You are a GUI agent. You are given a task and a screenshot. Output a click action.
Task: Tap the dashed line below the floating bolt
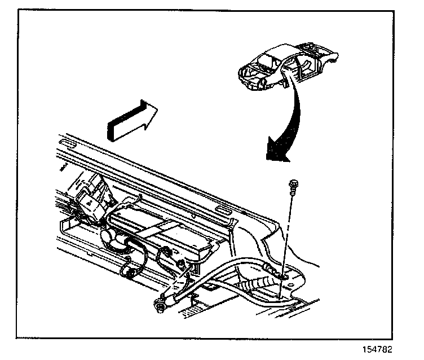(x=287, y=226)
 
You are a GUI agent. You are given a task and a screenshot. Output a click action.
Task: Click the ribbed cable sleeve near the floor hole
(x=262, y=280)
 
